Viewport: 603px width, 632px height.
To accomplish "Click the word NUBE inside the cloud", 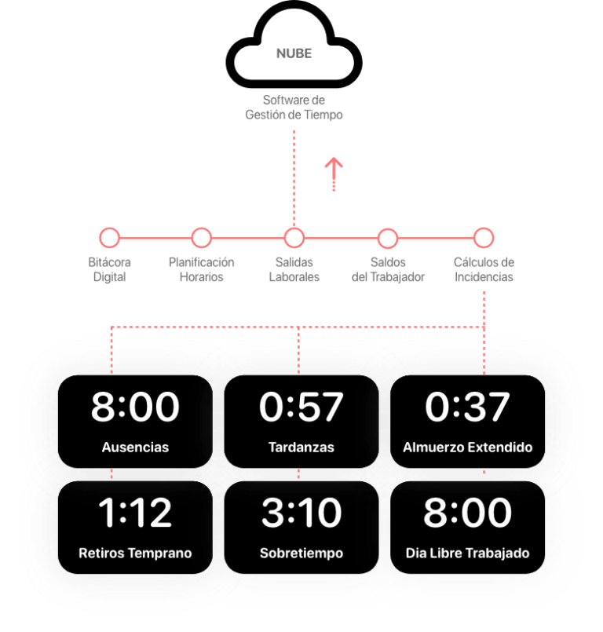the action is point(294,53).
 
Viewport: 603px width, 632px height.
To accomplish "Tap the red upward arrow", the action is point(334,174).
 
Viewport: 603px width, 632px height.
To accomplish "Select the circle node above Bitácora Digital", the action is point(109,238).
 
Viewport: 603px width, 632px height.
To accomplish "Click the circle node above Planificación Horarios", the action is point(201,238).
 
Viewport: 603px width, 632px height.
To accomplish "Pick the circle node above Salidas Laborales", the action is point(294,238).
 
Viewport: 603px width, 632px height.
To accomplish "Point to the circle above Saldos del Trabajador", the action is point(388,238).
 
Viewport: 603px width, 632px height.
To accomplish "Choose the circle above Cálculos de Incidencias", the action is point(484,238).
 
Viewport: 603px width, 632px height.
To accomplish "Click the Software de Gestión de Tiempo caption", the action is point(294,108).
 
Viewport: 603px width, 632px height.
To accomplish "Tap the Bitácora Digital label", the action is point(110,269).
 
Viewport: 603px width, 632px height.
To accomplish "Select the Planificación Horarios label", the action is point(201,269).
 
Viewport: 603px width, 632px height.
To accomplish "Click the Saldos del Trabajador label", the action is point(388,269).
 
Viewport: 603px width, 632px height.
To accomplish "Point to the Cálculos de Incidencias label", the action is point(484,269).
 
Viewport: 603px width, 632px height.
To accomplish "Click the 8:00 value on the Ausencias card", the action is point(135,407).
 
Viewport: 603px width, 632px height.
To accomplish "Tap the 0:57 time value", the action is point(301,407).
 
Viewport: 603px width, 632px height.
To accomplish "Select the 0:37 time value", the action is point(467,407).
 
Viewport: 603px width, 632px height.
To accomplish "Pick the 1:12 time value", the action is point(135,513).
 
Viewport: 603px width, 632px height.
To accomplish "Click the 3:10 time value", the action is point(301,513).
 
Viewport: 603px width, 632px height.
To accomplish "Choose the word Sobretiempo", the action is point(301,553).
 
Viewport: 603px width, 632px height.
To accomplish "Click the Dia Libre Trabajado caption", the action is point(467,553).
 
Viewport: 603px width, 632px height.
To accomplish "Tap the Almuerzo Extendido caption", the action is point(467,448).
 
